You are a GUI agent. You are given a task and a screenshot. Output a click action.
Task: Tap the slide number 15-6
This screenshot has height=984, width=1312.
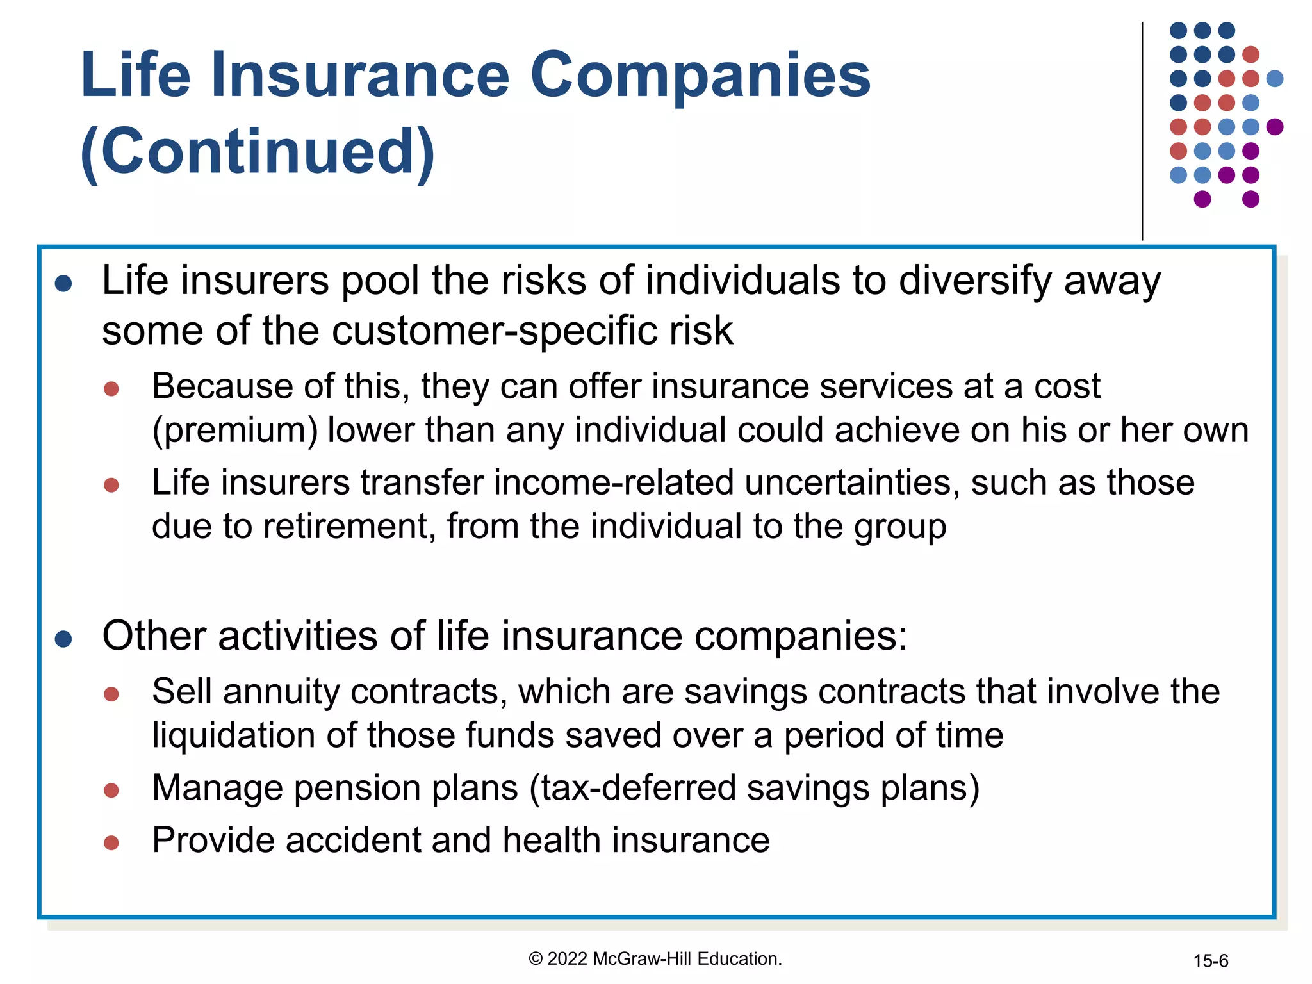[1210, 961]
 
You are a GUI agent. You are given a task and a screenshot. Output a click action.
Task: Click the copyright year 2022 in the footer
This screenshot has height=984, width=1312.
[568, 959]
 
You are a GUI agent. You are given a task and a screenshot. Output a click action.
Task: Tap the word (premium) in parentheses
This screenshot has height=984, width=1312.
[234, 430]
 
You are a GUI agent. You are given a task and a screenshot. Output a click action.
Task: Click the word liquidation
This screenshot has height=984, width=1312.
[234, 735]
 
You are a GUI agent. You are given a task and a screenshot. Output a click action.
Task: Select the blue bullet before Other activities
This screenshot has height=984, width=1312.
[63, 639]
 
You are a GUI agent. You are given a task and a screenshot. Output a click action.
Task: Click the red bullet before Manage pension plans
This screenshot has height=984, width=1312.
[111, 791]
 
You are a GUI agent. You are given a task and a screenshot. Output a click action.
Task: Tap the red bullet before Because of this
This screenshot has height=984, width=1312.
[111, 389]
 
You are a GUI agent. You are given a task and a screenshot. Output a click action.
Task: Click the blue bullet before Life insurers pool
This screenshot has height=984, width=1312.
[63, 283]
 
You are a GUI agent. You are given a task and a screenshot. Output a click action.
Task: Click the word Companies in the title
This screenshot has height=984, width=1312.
[700, 76]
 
